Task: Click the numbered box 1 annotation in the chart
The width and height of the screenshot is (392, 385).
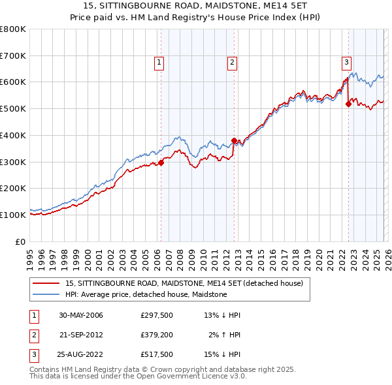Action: [159, 63]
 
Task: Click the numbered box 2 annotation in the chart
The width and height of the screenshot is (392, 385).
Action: [232, 63]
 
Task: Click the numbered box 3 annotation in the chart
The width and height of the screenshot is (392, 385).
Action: [346, 63]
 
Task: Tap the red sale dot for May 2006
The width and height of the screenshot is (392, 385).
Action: [161, 163]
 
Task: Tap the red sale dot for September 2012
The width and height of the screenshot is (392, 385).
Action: [234, 140]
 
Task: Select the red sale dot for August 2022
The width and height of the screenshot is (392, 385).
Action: [348, 104]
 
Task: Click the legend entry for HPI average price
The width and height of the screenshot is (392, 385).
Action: [146, 294]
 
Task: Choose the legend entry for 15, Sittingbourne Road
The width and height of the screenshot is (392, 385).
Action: [184, 284]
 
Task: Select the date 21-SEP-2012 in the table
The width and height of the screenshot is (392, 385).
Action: [81, 335]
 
